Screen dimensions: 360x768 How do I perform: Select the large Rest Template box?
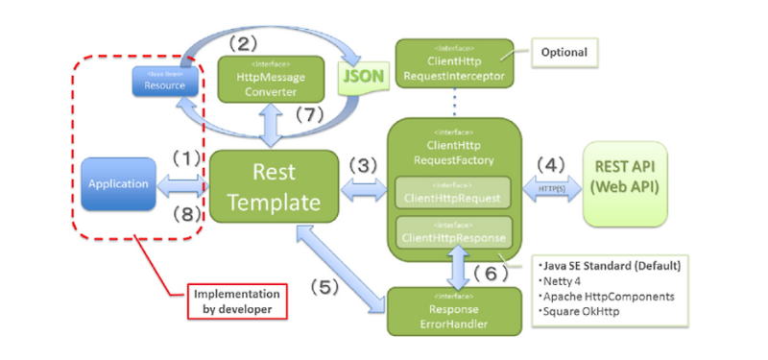coord(274,186)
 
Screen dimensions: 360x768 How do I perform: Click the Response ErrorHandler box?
coord(447,312)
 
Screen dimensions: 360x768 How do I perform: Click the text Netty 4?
coord(566,280)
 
